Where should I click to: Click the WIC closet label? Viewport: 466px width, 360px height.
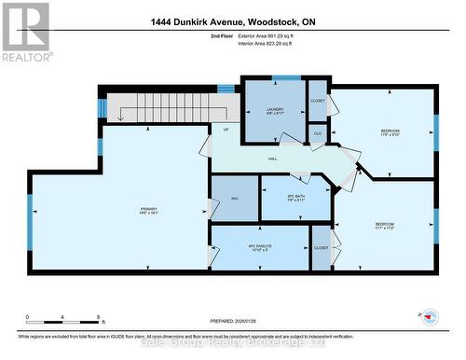234,198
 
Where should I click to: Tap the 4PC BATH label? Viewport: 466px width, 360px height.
295,197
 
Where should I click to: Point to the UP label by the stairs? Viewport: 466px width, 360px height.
225,130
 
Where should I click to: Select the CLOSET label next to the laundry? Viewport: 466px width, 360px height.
318,99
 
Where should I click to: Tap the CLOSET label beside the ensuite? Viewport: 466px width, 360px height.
321,248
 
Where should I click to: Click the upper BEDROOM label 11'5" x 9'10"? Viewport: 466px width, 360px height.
390,132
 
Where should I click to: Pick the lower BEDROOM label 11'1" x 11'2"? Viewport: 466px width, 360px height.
384,227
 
